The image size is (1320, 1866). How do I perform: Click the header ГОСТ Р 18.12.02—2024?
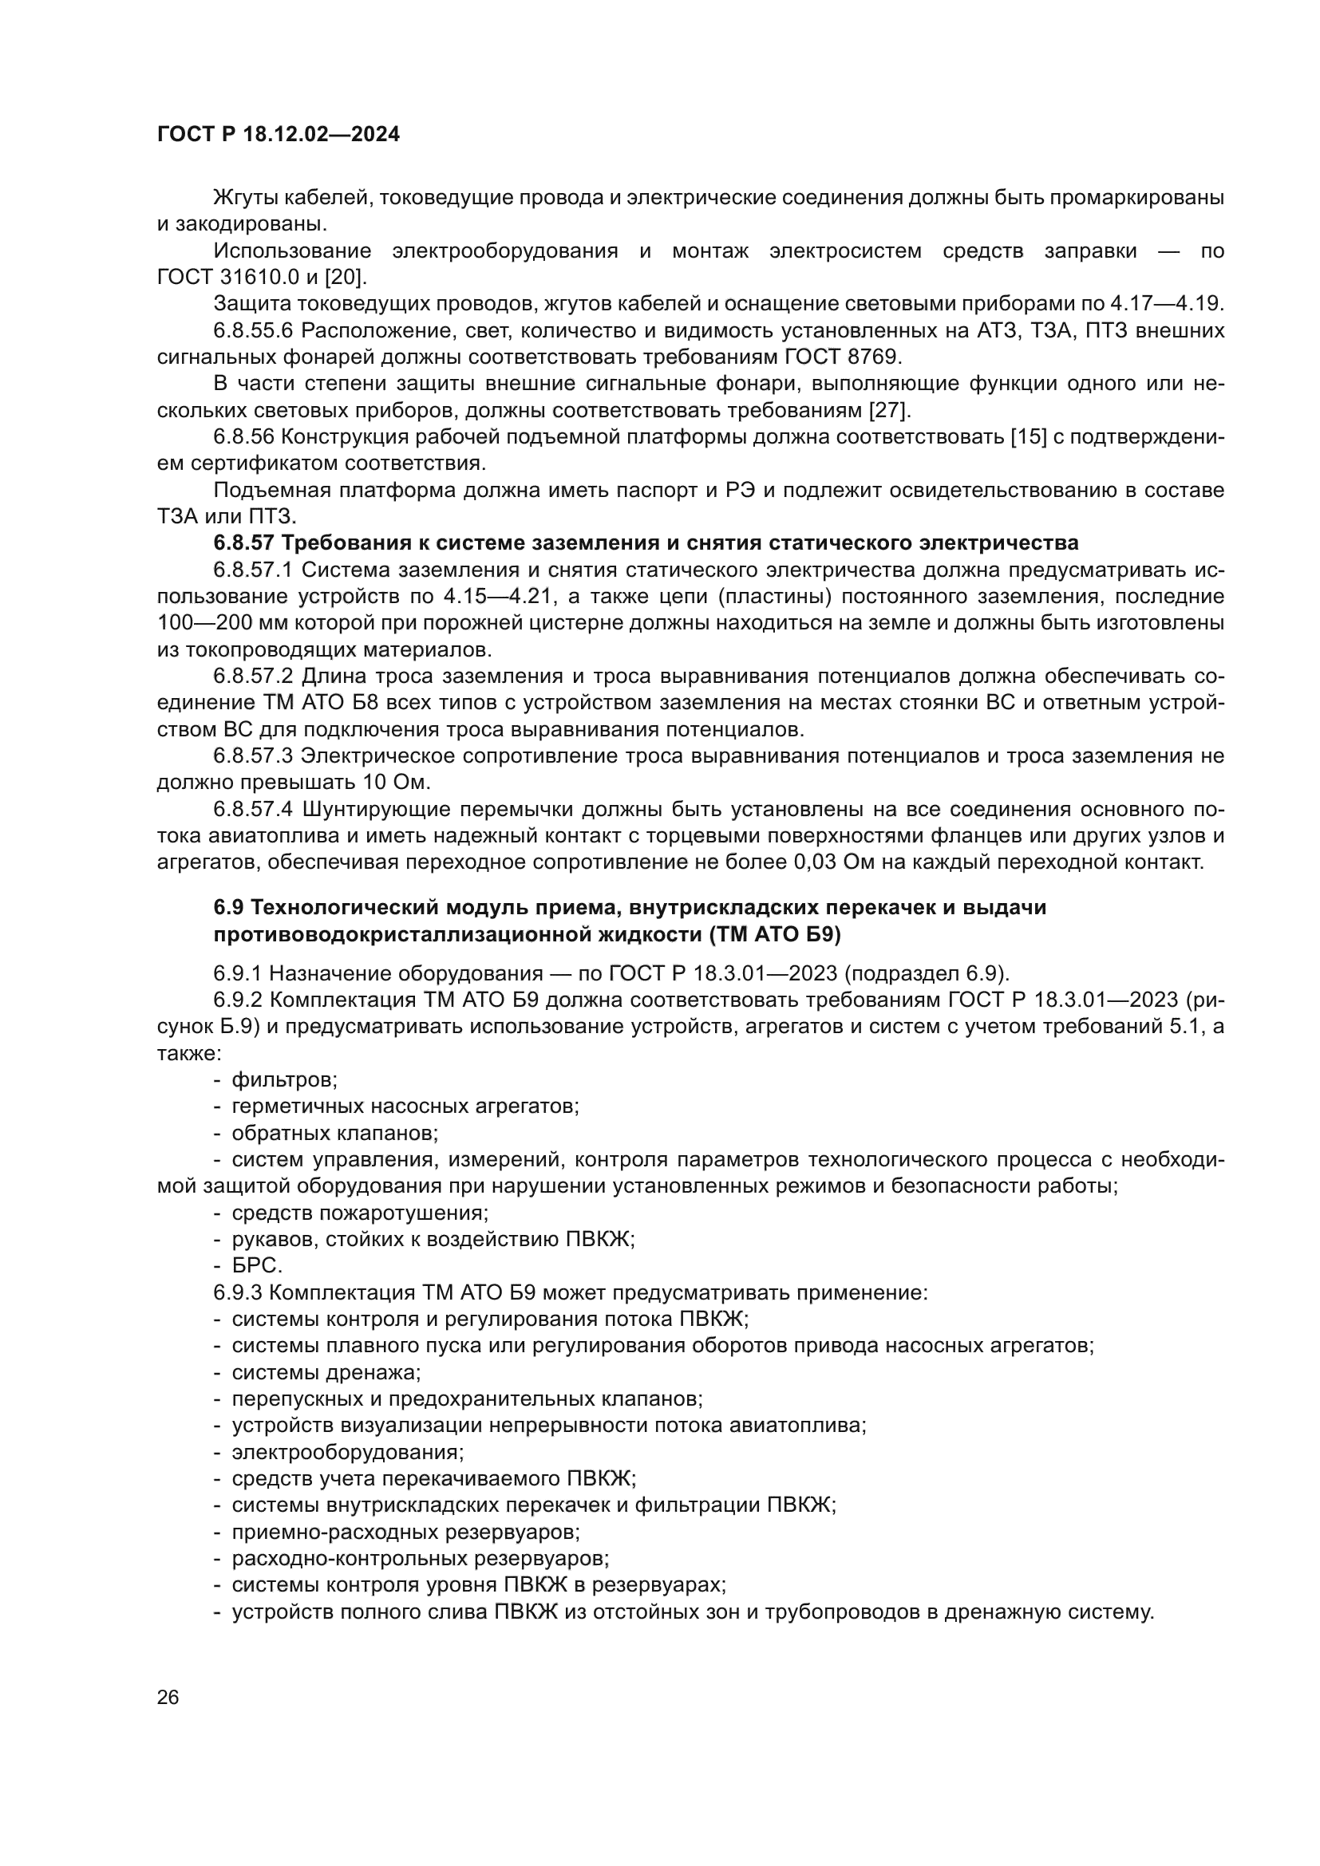coord(278,135)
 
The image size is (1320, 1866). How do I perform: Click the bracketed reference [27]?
coord(891,409)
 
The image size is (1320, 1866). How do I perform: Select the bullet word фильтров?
coord(284,1080)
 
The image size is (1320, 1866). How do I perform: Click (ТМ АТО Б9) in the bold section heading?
coord(775,935)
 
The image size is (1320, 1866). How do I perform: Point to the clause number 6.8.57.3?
coord(253,755)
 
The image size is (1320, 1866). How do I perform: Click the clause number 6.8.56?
coord(243,437)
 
